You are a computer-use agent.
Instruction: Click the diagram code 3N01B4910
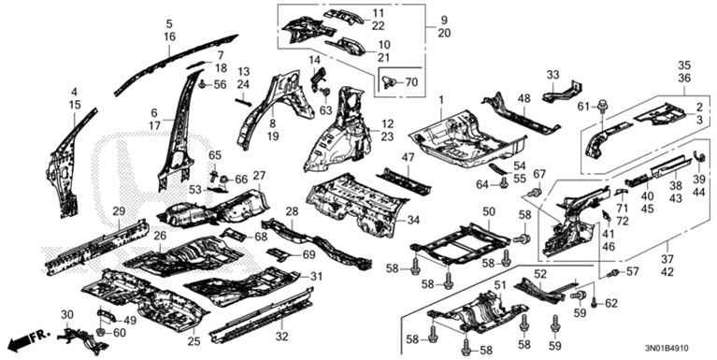pyautogui.click(x=663, y=349)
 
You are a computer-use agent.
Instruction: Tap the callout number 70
pyautogui.click(x=411, y=83)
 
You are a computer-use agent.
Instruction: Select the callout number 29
pyautogui.click(x=119, y=211)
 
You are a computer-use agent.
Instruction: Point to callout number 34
pyautogui.click(x=413, y=221)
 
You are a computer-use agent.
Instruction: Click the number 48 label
pyautogui.click(x=523, y=98)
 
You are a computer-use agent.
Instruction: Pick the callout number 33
pyautogui.click(x=552, y=74)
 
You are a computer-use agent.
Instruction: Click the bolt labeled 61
pyautogui.click(x=601, y=108)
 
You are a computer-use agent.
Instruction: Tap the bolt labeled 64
pyautogui.click(x=505, y=184)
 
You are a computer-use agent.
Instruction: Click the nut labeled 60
pyautogui.click(x=101, y=331)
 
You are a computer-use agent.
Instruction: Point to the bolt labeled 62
pyautogui.click(x=594, y=302)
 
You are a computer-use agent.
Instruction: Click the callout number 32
pyautogui.click(x=282, y=338)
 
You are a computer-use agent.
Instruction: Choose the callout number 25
pyautogui.click(x=194, y=341)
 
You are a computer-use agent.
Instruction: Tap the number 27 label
pyautogui.click(x=259, y=176)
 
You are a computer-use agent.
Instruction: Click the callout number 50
pyautogui.click(x=489, y=211)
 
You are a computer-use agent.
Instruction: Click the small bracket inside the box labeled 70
pyautogui.click(x=389, y=82)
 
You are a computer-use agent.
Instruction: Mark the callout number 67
pyautogui.click(x=539, y=174)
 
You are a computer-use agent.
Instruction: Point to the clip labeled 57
pyautogui.click(x=612, y=274)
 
